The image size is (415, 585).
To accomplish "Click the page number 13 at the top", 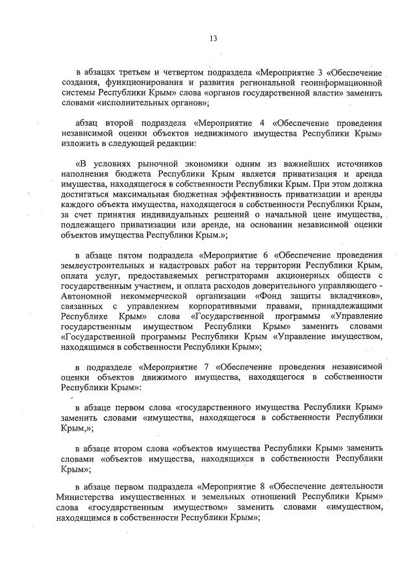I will click(212, 38).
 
